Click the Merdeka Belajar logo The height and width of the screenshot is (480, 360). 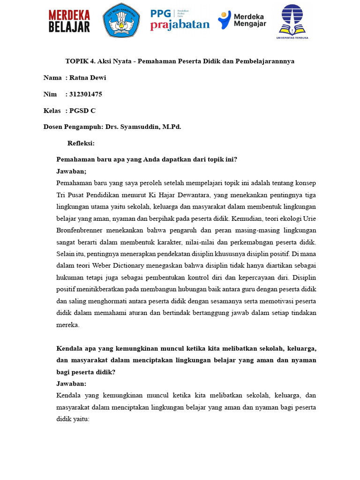pos(69,22)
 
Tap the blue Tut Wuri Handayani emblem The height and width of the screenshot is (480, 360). pos(121,20)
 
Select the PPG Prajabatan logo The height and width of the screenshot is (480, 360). pos(180,20)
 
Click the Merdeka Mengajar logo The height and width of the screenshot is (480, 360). pos(242,20)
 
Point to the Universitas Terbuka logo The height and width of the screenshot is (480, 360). pos(292,22)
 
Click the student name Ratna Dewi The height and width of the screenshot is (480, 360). pos(88,78)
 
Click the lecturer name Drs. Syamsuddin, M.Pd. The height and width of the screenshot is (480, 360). pos(150,127)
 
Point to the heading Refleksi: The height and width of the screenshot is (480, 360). pos(81,143)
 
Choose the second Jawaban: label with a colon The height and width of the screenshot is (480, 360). pos(71,383)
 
